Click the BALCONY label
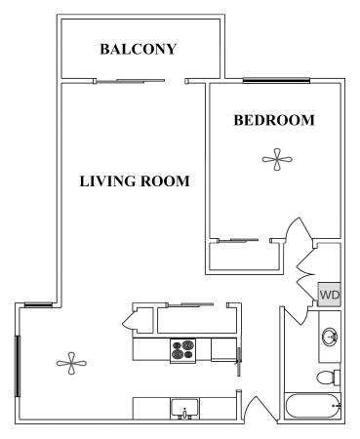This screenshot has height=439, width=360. pyautogui.click(x=138, y=49)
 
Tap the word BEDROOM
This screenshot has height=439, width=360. pyautogui.click(x=274, y=120)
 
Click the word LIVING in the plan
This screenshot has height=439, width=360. pyautogui.click(x=107, y=181)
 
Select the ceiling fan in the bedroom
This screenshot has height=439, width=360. pyautogui.click(x=277, y=160)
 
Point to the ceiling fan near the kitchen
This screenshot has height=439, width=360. pyautogui.click(x=71, y=363)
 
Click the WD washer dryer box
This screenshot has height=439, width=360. pyautogui.click(x=329, y=295)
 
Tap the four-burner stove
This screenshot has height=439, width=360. pyautogui.click(x=182, y=349)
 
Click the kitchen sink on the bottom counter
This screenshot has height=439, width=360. pyautogui.click(x=184, y=409)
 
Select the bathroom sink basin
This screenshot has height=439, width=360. pyautogui.click(x=330, y=337)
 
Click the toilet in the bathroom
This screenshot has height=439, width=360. pyautogui.click(x=329, y=378)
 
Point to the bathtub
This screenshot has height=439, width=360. pyautogui.click(x=312, y=406)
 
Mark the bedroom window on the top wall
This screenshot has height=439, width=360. pyautogui.click(x=276, y=80)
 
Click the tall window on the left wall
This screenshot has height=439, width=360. pyautogui.click(x=18, y=366)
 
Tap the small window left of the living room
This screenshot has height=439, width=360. pyautogui.click(x=38, y=304)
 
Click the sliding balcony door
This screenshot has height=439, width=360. pyautogui.click(x=130, y=81)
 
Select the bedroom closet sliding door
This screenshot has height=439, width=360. pyautogui.click(x=238, y=240)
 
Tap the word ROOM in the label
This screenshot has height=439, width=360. pyautogui.click(x=165, y=181)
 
